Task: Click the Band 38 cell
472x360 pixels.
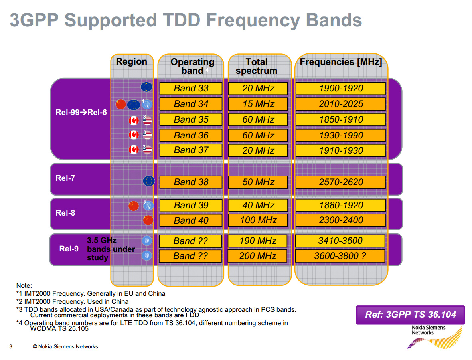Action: (x=191, y=182)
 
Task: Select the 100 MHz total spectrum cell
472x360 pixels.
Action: (x=258, y=220)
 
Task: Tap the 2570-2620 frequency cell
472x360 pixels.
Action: (x=341, y=182)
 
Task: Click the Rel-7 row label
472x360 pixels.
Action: (x=65, y=178)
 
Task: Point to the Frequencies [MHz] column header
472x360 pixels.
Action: (x=341, y=62)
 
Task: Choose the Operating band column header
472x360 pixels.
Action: (x=192, y=66)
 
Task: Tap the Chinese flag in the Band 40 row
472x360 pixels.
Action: (x=148, y=220)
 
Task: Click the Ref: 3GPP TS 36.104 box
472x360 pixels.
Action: (x=411, y=315)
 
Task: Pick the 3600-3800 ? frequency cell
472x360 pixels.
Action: (x=340, y=256)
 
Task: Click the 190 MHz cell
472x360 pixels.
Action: (x=258, y=241)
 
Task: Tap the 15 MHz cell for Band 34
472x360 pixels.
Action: (x=258, y=104)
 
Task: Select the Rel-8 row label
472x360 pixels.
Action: (x=65, y=213)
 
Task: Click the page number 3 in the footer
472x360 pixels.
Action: (x=11, y=346)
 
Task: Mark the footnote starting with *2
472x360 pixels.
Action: (x=73, y=301)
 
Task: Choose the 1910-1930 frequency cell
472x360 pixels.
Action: (x=341, y=150)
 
